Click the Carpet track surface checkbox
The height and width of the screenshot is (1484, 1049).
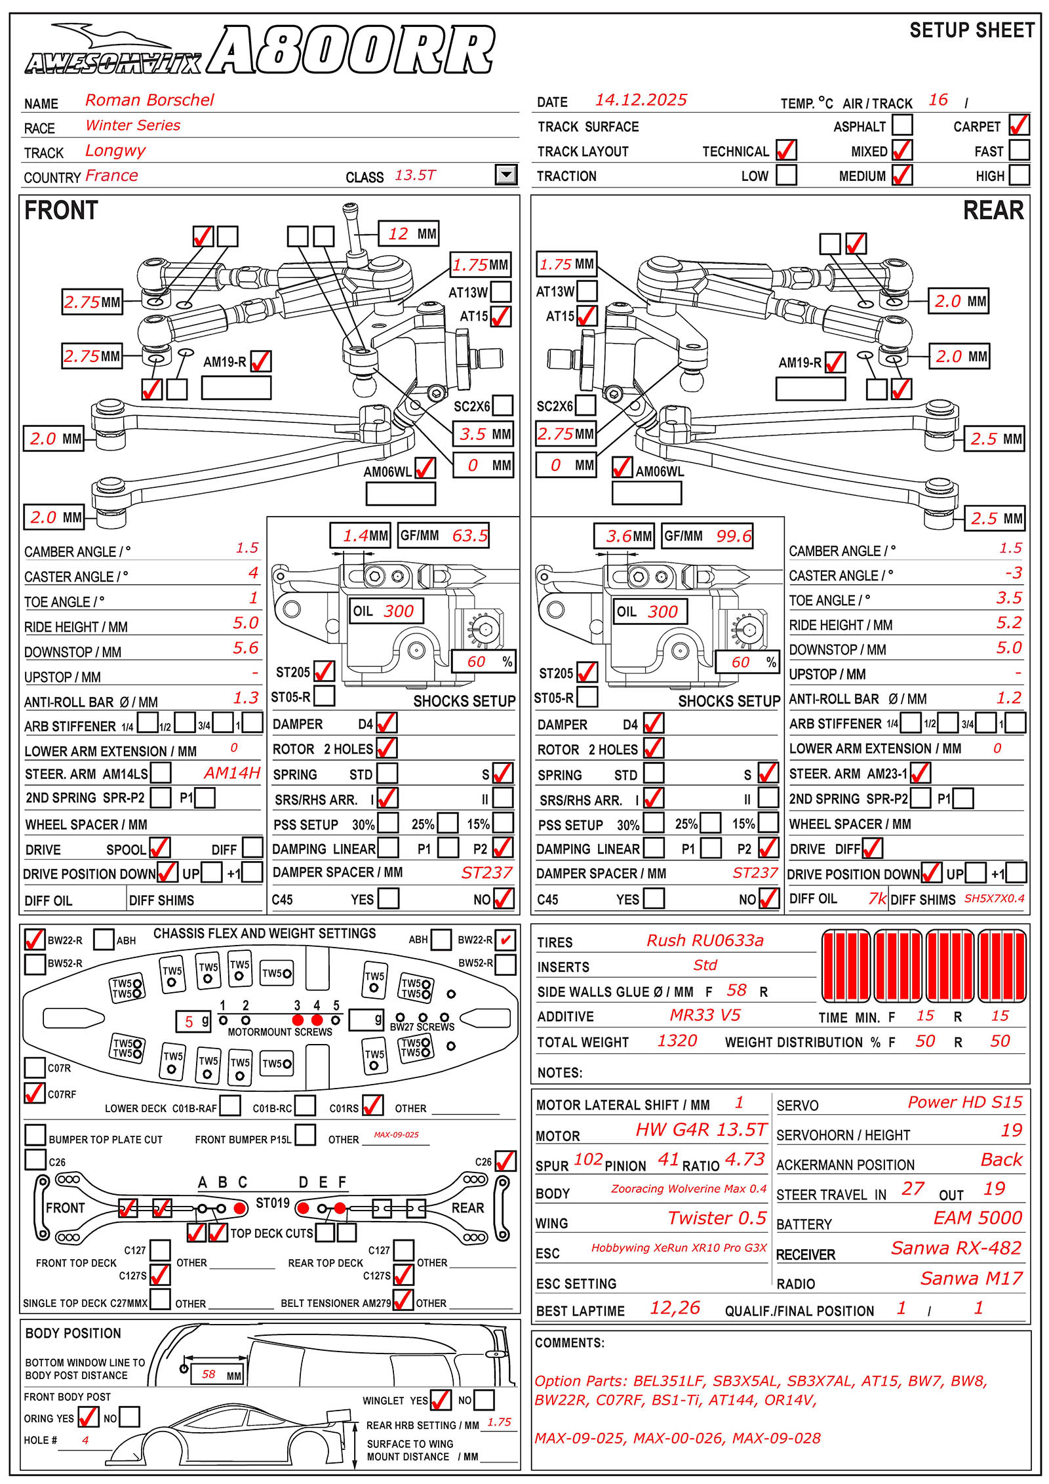(1019, 125)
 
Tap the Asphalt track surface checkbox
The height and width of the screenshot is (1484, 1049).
(902, 125)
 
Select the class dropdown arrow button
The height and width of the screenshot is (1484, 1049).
(505, 174)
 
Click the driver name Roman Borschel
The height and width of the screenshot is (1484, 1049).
(149, 100)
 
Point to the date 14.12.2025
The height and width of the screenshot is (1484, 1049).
(641, 100)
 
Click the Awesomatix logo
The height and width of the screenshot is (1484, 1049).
(113, 52)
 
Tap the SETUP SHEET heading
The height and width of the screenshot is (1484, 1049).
(972, 31)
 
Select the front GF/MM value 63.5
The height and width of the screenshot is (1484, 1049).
(469, 536)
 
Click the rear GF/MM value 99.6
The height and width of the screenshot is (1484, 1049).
(734, 536)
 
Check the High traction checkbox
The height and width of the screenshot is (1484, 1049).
(1019, 175)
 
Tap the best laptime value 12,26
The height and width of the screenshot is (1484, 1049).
(675, 1308)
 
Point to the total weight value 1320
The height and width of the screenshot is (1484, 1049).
(677, 1041)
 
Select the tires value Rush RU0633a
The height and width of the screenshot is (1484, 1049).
(705, 940)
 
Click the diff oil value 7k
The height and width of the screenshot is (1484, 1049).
(877, 898)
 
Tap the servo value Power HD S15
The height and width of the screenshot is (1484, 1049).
(964, 1102)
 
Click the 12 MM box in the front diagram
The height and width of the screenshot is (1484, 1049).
(409, 233)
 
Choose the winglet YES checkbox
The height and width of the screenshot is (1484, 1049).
(441, 1400)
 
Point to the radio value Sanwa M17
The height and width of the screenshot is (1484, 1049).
(971, 1278)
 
